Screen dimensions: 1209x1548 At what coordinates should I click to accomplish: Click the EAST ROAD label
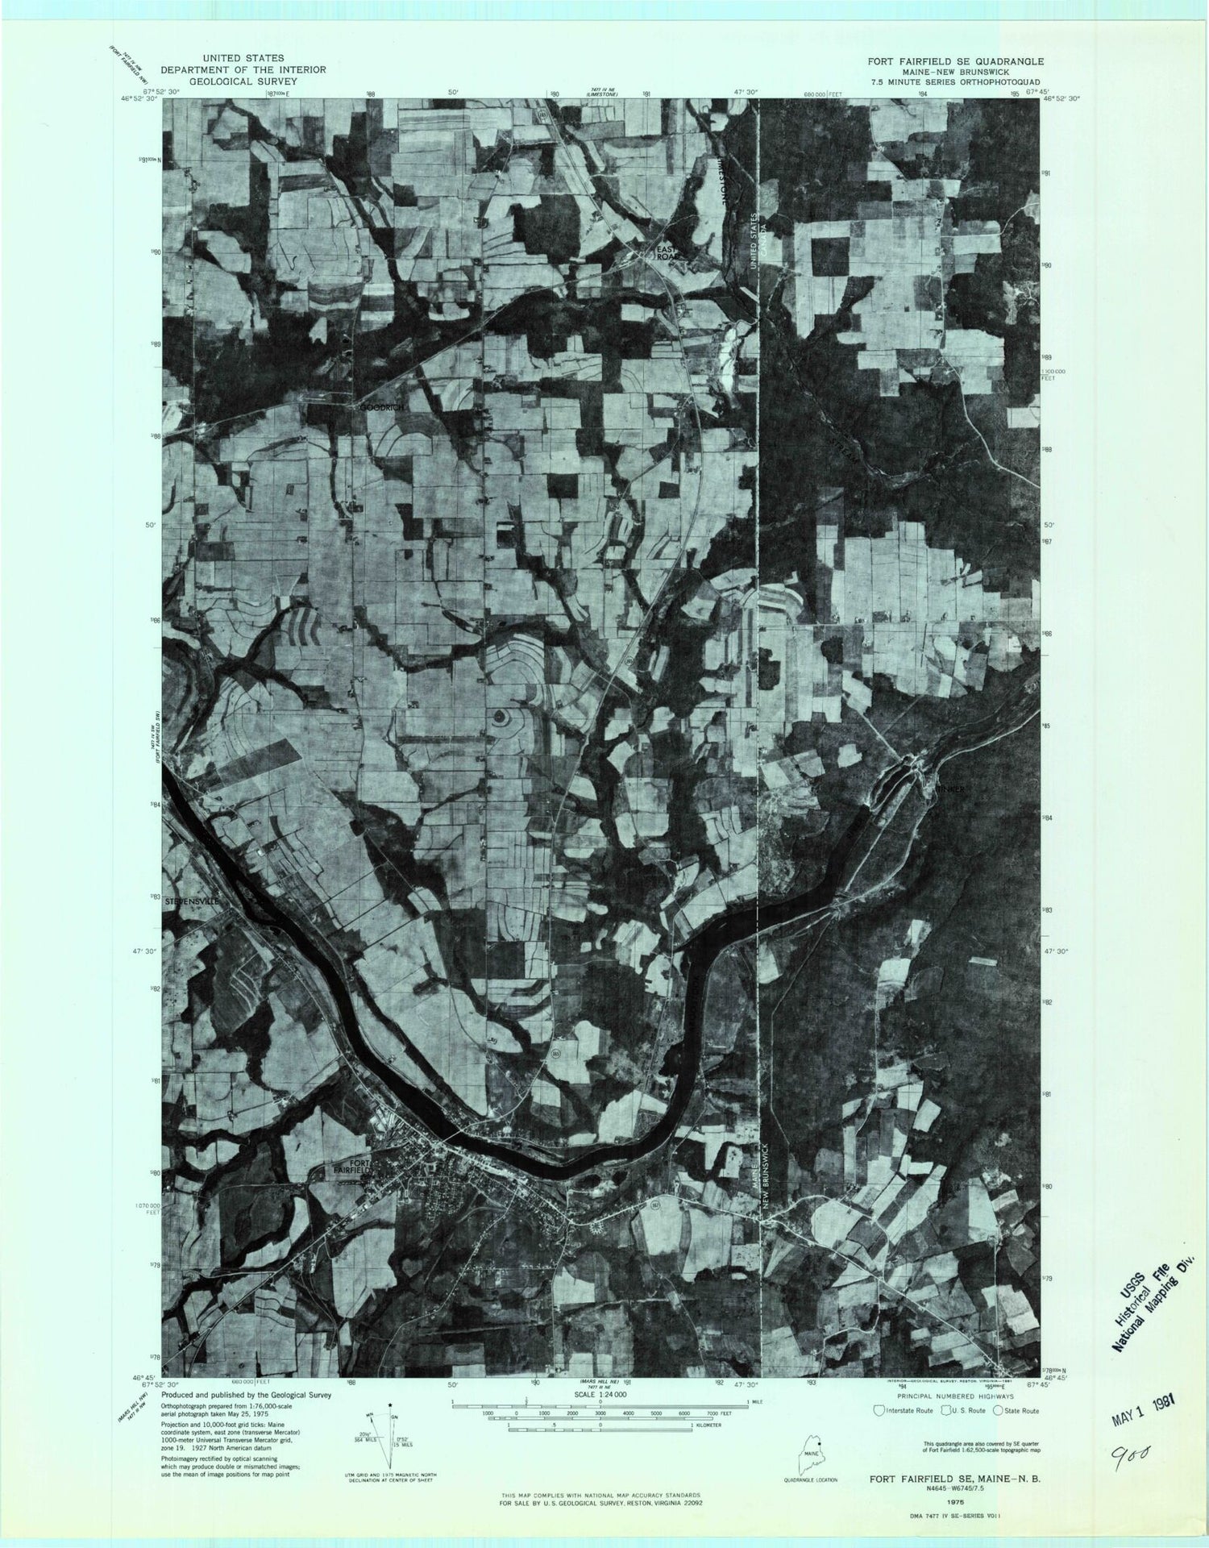668,253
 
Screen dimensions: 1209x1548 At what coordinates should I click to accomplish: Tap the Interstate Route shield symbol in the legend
879,1410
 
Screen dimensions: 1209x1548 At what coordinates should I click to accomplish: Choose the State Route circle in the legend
998,1410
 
